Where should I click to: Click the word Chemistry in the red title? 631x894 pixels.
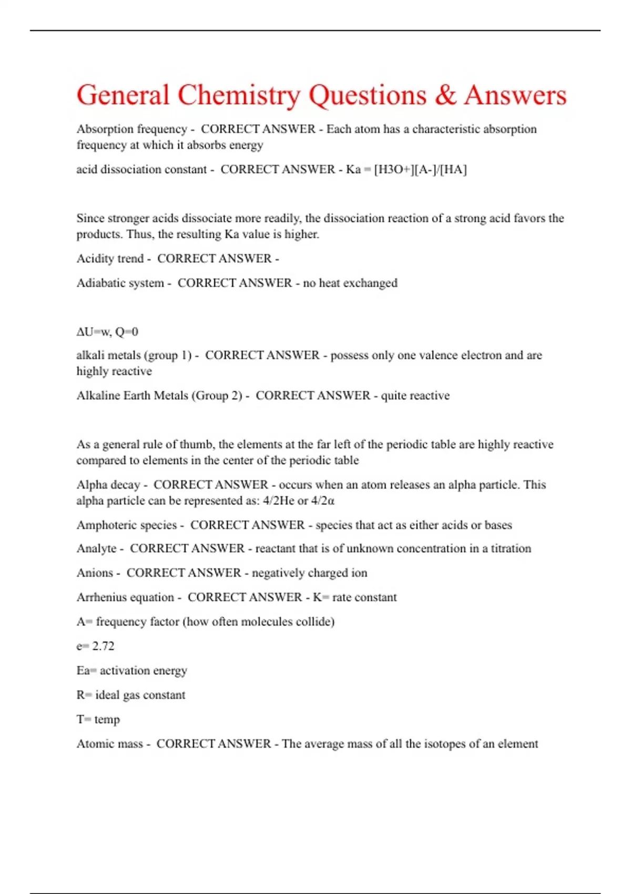(x=239, y=96)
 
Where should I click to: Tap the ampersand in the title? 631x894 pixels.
(x=446, y=96)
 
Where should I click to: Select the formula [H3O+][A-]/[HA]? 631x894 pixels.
(x=420, y=169)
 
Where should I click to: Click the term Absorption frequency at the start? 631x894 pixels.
(x=131, y=129)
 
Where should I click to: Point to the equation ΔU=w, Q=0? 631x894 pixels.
(x=107, y=332)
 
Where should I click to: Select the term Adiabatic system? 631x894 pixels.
(x=120, y=283)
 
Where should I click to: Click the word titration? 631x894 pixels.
(x=511, y=548)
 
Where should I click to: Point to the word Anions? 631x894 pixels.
(x=95, y=573)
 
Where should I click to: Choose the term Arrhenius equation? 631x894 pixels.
(x=125, y=597)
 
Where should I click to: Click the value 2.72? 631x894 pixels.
(x=103, y=646)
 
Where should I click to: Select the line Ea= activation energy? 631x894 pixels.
(x=131, y=670)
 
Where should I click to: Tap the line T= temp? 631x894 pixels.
(x=98, y=719)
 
